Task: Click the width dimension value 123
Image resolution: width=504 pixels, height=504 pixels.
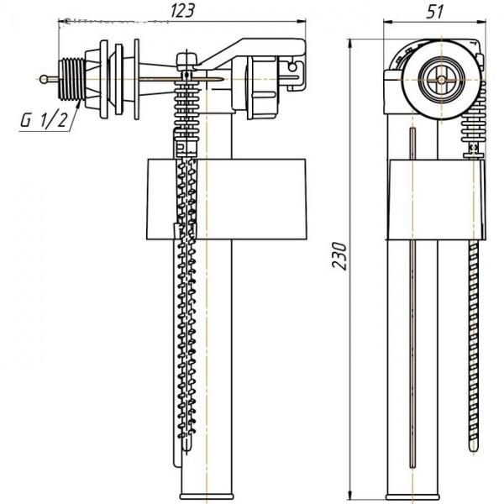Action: [185, 11]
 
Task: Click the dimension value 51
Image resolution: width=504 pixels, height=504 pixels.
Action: [434, 11]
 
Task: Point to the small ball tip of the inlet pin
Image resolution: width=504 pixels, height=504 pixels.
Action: [43, 79]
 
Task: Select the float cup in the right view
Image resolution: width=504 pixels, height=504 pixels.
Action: [435, 199]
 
